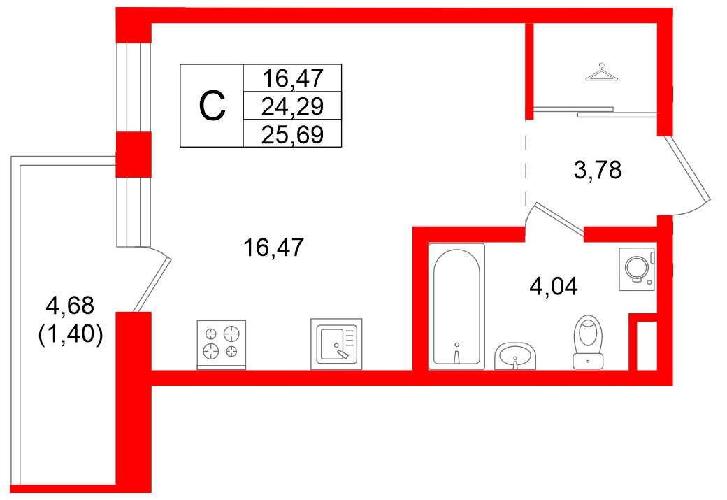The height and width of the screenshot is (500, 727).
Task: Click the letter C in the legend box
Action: click(x=212, y=106)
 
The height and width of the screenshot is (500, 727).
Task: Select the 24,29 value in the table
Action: click(x=292, y=106)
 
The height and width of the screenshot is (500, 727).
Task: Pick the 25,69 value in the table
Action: click(x=292, y=135)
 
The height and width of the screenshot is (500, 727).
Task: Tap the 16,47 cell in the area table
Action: click(x=292, y=78)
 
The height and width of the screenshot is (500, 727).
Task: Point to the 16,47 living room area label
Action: click(x=273, y=248)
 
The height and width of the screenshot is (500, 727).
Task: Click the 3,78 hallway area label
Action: click(x=597, y=170)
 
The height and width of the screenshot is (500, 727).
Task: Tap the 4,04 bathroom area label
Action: click(x=553, y=286)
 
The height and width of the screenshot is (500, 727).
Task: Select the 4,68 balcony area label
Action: click(x=70, y=305)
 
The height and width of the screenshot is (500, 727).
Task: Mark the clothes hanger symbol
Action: click(x=601, y=72)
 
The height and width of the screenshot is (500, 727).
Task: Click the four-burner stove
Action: click(x=221, y=345)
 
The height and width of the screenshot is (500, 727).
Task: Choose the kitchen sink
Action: click(x=336, y=344)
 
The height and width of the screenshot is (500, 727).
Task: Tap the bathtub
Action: click(x=456, y=306)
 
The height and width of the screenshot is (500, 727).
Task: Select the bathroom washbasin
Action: click(x=515, y=356)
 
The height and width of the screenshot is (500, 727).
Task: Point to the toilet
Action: click(x=588, y=342)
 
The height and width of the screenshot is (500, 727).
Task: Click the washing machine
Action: click(x=637, y=269)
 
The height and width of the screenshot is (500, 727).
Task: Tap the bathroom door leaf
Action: click(x=559, y=221)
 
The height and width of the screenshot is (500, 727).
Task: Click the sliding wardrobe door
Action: click(x=595, y=111)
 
